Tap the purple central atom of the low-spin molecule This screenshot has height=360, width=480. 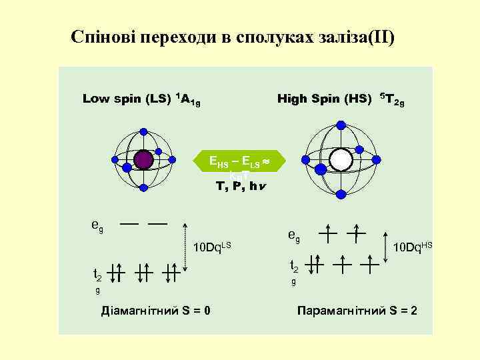(x=143, y=160)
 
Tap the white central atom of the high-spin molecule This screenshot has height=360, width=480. (x=341, y=160)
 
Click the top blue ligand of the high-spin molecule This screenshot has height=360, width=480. (x=341, y=125)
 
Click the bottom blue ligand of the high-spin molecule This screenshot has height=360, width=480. (x=341, y=194)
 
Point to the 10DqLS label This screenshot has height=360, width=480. (x=212, y=249)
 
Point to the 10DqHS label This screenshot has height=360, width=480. (x=413, y=247)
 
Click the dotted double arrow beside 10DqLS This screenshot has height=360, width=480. (x=185, y=247)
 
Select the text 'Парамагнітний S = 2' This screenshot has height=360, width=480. (x=357, y=311)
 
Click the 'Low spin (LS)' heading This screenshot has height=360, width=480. (x=127, y=99)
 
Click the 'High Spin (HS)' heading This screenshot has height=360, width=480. (x=324, y=99)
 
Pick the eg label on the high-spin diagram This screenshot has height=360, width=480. (x=293, y=235)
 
